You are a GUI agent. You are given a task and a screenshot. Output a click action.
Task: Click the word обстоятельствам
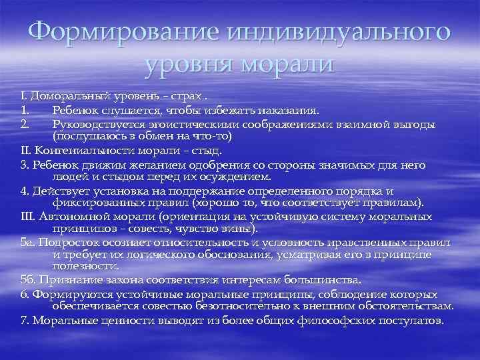pyautogui.click(x=399, y=306)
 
